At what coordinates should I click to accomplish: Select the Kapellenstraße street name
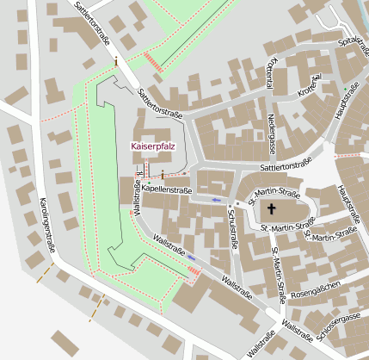click(x=166, y=189)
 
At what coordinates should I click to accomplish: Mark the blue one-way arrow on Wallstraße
click(x=192, y=257)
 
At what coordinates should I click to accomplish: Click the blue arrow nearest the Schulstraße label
click(x=216, y=200)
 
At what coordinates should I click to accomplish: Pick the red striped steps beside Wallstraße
click(x=194, y=273)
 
